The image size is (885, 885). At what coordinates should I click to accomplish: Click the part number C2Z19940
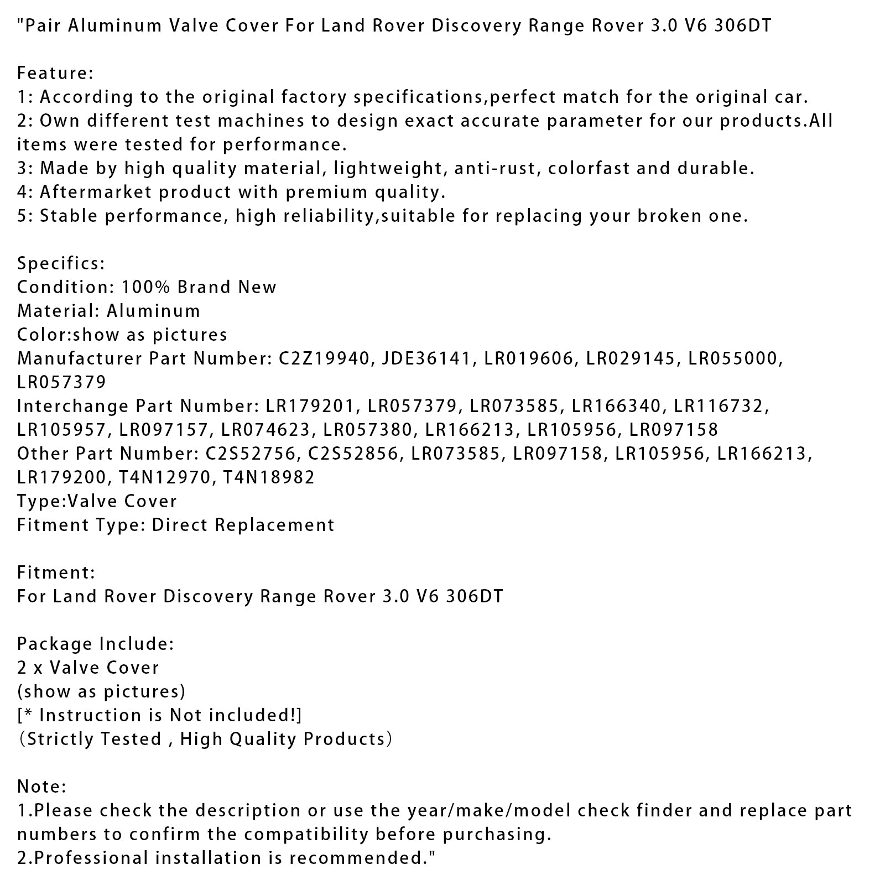point(324,358)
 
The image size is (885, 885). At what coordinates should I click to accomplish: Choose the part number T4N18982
point(269,477)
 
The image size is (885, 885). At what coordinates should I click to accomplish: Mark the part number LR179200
point(61,477)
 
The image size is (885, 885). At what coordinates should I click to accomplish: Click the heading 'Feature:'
point(55,73)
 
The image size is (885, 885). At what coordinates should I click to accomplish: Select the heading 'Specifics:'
point(61,263)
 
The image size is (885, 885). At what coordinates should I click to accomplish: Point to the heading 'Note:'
point(42,786)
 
